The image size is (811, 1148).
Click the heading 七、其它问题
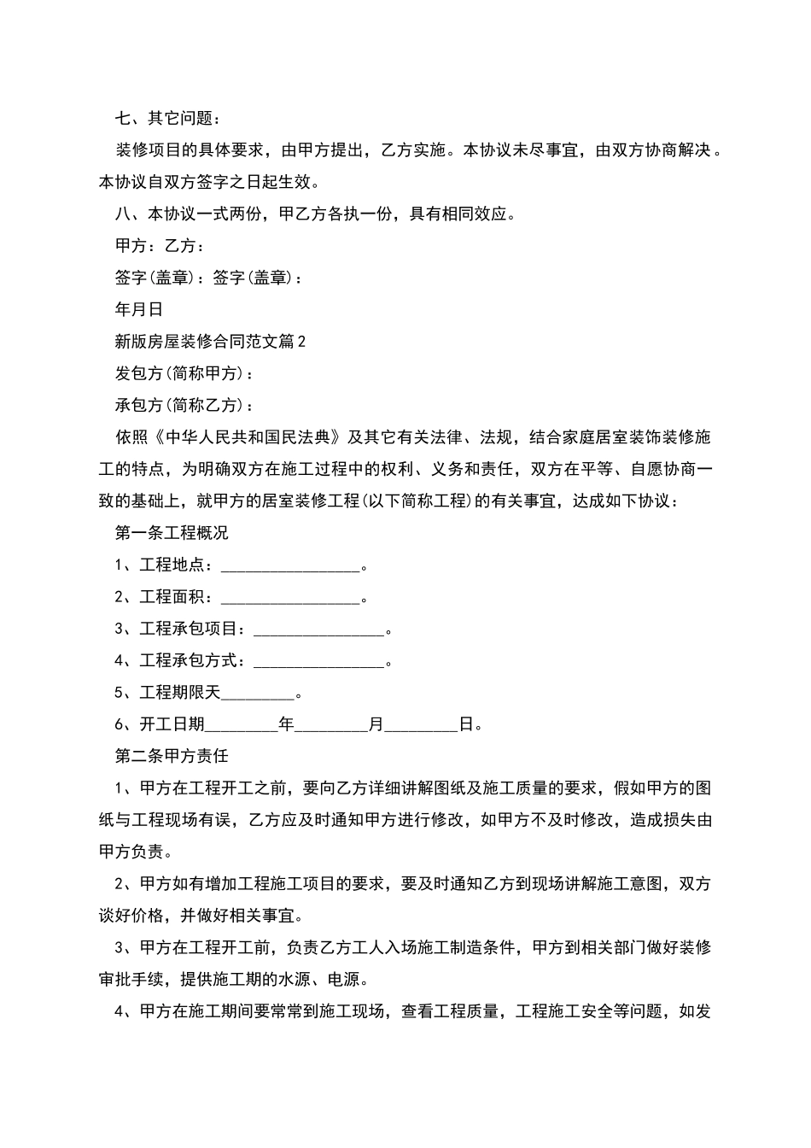(168, 118)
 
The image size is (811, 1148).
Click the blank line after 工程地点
(290, 565)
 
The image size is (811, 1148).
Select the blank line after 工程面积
(290, 598)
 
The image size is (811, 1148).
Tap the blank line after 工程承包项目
(319, 630)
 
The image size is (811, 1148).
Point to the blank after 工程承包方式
(319, 661)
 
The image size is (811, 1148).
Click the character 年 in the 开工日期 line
(286, 724)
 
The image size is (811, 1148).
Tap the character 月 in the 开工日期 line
(376, 724)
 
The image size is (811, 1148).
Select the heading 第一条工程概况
(172, 533)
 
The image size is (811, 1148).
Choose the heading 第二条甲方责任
(172, 756)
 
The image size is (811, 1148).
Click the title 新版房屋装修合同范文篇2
(210, 342)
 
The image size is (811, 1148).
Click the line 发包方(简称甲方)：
(184, 373)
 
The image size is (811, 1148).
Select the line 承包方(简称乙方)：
(184, 405)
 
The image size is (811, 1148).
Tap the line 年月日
(139, 309)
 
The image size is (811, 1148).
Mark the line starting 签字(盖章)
(208, 278)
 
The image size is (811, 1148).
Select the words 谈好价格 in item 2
(131, 916)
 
